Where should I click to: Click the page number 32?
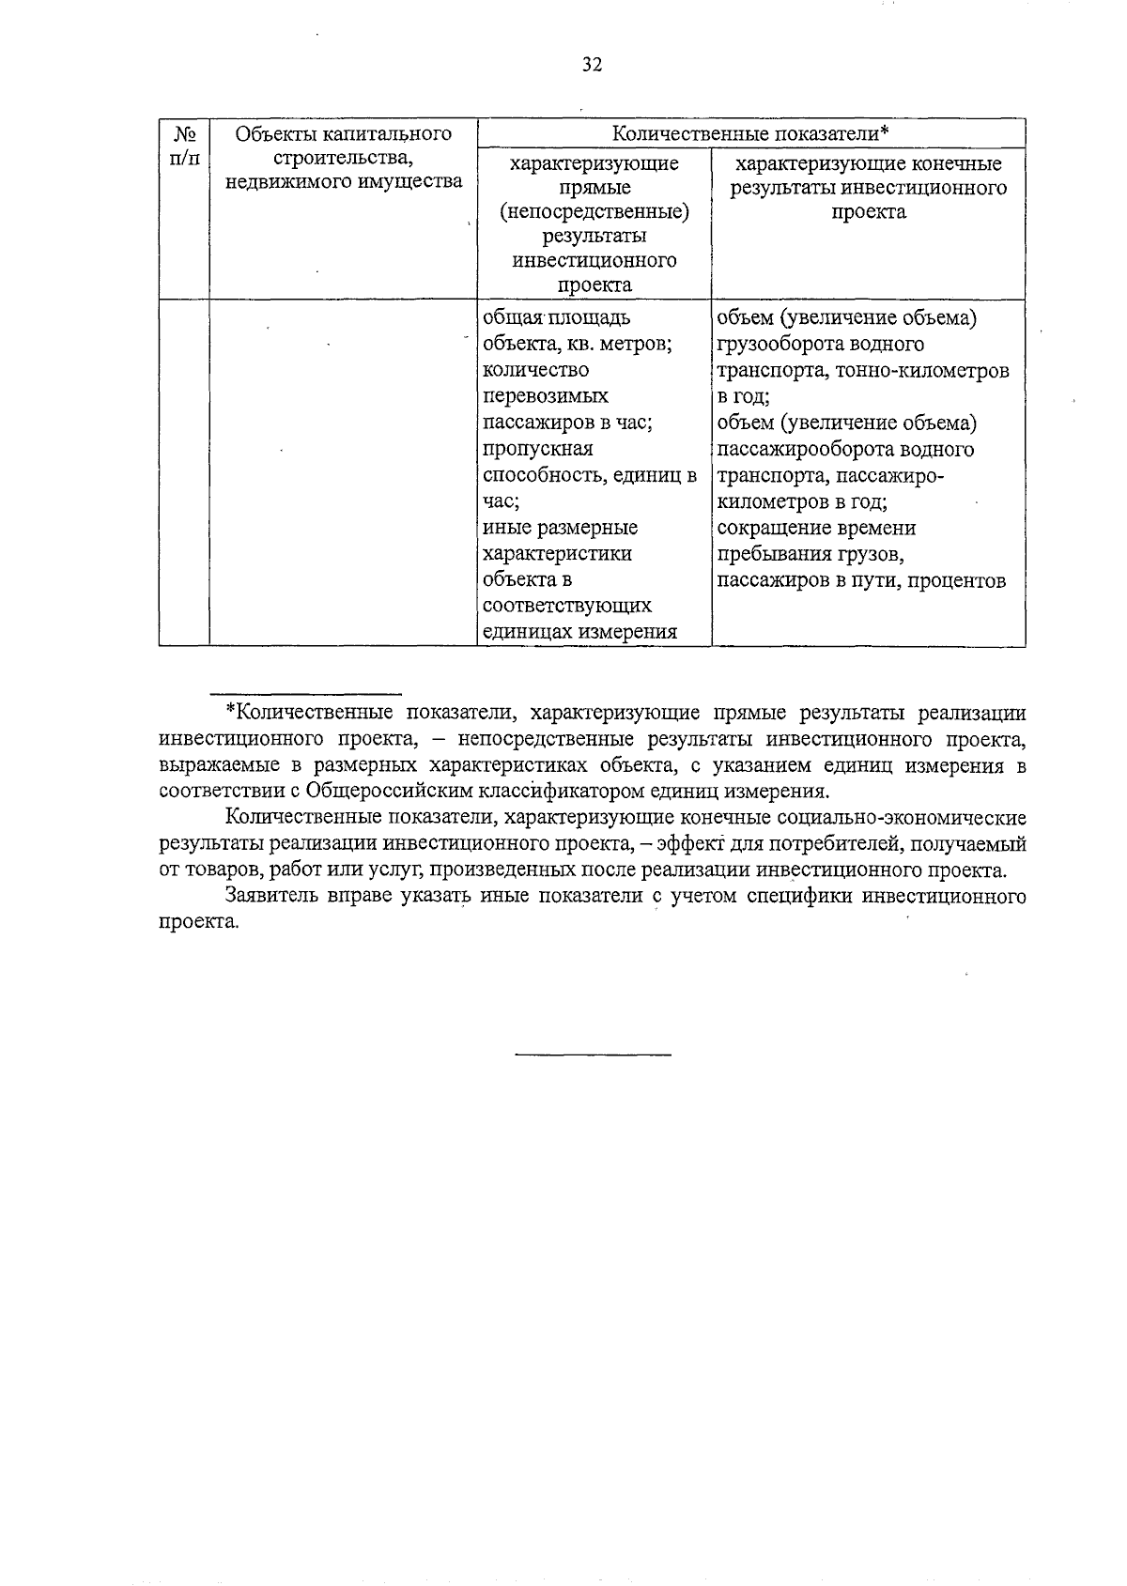(592, 65)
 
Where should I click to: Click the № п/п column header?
(184, 146)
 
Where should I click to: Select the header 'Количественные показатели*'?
(750, 133)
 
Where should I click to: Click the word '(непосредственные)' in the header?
(594, 212)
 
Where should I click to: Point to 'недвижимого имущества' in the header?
(344, 182)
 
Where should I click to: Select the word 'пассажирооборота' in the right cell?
(801, 449)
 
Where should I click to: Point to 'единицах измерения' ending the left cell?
(579, 632)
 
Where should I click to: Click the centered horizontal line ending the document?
(593, 1055)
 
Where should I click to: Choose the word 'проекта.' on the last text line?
(199, 922)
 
